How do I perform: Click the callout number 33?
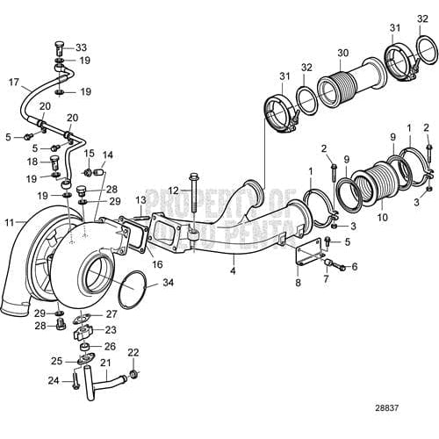coord(82,47)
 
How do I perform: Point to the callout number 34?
coord(169,283)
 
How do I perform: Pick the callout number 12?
coord(173,191)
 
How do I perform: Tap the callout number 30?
coord(342,52)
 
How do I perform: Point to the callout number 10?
coord(381,217)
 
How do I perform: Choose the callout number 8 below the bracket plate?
coord(298,284)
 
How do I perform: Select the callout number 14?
coord(108,155)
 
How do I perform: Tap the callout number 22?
coord(133,352)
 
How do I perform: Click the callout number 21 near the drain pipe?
coord(105,362)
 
